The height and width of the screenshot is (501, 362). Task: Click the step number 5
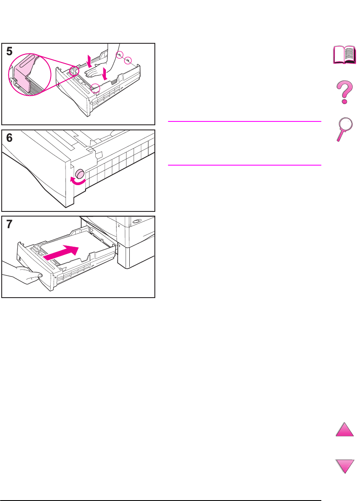(9, 51)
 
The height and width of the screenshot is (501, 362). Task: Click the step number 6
(9, 138)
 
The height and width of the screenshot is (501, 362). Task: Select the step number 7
(9, 224)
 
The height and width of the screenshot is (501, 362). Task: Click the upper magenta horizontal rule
(244, 121)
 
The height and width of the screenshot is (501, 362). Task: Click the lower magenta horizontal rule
(244, 165)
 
